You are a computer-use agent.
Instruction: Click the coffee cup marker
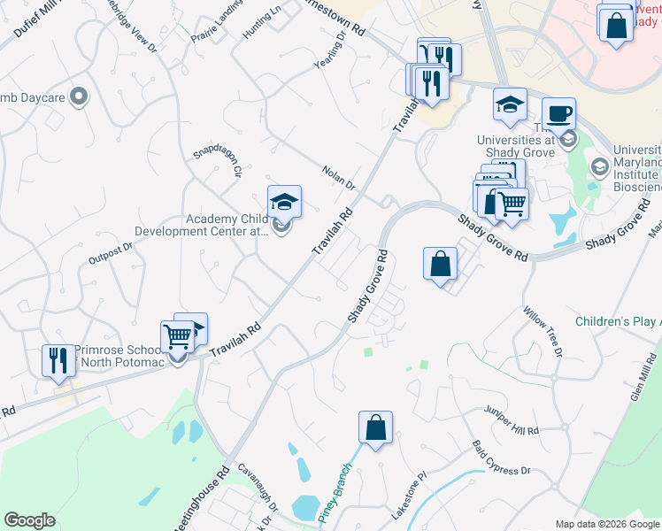pyautogui.click(x=558, y=114)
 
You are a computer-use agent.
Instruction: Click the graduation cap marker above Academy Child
pyautogui.click(x=284, y=202)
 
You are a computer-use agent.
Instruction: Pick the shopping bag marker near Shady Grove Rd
pyautogui.click(x=440, y=263)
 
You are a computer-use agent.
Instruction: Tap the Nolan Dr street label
pyautogui.click(x=338, y=179)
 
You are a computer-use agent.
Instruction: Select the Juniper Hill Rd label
pyautogui.click(x=511, y=420)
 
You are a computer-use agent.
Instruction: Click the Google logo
pyautogui.click(x=29, y=520)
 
